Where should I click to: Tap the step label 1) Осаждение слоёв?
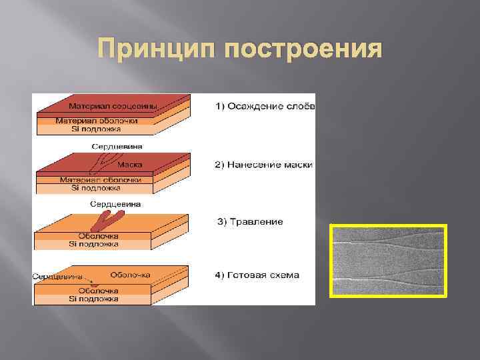tap(265, 106)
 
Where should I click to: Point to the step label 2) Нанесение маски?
tap(264, 165)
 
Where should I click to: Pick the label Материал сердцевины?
tap(112, 105)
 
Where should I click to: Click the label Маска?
tap(129, 164)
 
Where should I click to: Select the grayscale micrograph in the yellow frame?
tap(388, 261)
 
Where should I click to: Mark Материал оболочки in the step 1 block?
tap(97, 121)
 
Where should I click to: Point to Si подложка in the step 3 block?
tap(94, 244)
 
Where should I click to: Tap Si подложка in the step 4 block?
tap(94, 299)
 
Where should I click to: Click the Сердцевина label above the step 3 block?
tap(115, 203)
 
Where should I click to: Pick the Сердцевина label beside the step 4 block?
tap(59, 276)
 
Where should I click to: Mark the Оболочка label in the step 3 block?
tap(98, 236)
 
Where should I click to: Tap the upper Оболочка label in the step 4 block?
tap(130, 274)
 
